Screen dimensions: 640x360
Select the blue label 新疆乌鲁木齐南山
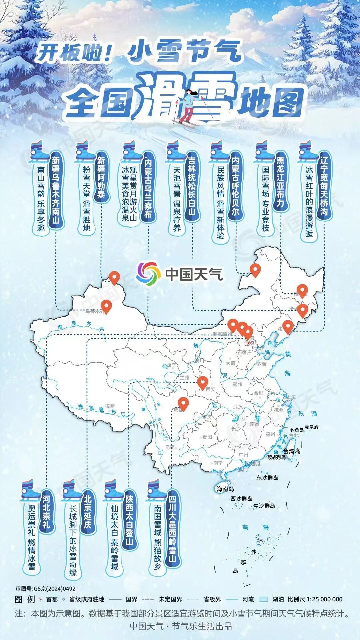point(56,190)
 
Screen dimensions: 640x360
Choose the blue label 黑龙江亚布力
point(280,182)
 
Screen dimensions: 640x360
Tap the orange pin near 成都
point(183,403)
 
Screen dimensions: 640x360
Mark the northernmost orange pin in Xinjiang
point(114,278)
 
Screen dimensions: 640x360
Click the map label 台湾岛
point(292,451)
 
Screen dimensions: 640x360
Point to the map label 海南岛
point(225,489)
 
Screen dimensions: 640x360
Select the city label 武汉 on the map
point(238,407)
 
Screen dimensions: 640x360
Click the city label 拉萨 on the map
point(110,406)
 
